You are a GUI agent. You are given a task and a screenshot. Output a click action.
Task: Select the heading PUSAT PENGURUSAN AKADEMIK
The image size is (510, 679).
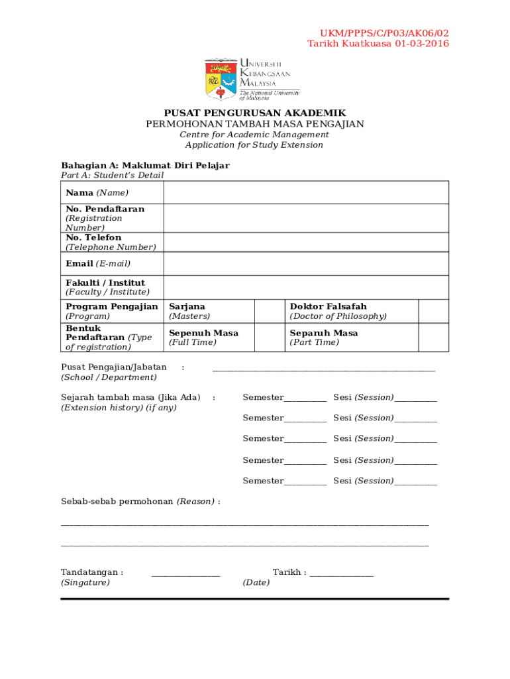(255, 113)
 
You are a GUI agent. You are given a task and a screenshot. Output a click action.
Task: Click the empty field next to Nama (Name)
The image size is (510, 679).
(305, 192)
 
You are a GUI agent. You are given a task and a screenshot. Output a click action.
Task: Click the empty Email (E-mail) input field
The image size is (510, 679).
(305, 263)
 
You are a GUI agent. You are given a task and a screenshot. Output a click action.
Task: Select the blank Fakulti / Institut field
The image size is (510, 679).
(305, 287)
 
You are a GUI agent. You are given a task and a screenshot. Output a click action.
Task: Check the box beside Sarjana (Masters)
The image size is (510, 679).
(270, 311)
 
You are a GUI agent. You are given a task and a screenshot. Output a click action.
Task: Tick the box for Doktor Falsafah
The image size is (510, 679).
(433, 311)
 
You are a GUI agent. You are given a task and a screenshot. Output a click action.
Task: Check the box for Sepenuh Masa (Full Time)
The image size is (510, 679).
(270, 338)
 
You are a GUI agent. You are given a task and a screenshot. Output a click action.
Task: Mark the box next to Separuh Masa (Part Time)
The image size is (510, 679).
(433, 338)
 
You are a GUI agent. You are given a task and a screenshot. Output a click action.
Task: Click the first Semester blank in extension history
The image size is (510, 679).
(305, 399)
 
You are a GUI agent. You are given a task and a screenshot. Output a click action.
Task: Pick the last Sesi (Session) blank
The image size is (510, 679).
(415, 482)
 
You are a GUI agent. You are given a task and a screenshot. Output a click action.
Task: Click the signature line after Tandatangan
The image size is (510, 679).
(185, 574)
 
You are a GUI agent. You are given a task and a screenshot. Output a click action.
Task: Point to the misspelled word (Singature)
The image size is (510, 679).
(85, 583)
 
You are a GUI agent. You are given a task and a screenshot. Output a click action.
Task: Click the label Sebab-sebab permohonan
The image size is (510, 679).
(117, 501)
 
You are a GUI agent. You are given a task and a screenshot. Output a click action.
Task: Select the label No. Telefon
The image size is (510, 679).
(93, 237)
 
